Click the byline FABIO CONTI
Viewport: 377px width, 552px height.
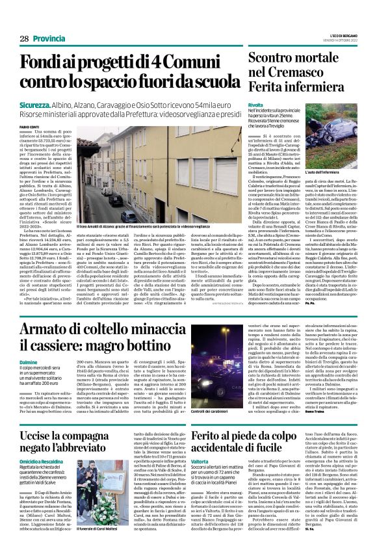[29, 127]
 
